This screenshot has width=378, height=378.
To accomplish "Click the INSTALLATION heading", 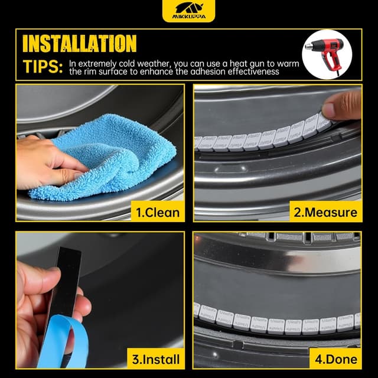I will (79, 43).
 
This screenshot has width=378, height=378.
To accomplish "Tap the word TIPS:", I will (42, 67).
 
